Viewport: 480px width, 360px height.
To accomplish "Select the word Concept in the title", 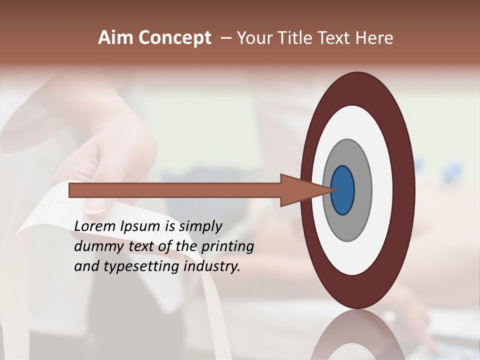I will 175,38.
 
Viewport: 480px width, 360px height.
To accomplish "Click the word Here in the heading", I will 374,38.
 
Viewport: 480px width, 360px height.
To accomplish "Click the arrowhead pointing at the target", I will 300,190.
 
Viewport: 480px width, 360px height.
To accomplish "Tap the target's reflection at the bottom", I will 357,337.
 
